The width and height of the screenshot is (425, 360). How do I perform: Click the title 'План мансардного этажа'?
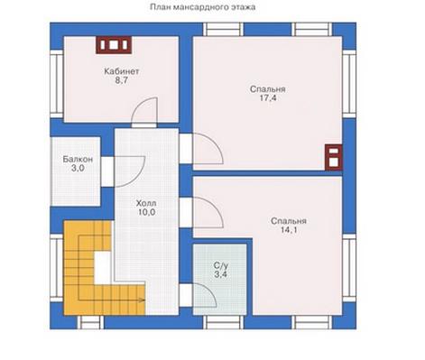point(203,7)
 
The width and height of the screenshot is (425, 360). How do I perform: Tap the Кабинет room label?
point(122,71)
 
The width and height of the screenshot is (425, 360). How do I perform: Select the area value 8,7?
point(122,80)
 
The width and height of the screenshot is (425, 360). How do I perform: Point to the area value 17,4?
point(268,98)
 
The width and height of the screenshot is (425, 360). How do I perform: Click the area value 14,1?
point(289,230)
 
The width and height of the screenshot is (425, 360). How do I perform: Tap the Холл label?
point(146,203)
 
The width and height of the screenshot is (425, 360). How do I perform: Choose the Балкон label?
point(78,159)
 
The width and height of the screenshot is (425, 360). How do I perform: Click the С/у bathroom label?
point(221,265)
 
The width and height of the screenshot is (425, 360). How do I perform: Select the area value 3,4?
point(221,274)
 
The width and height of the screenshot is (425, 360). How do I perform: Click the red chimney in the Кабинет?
point(114,45)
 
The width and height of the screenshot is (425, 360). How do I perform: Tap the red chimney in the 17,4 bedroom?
point(334,157)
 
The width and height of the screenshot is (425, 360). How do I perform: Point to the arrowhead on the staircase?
point(143,300)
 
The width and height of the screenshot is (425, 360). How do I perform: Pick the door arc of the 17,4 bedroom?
point(216,143)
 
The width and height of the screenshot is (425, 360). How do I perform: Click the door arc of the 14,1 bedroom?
point(216,208)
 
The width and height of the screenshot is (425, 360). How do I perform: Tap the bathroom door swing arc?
point(210,292)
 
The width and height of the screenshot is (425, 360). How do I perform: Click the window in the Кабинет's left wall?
point(57,84)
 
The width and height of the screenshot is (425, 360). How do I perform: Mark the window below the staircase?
point(90,322)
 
